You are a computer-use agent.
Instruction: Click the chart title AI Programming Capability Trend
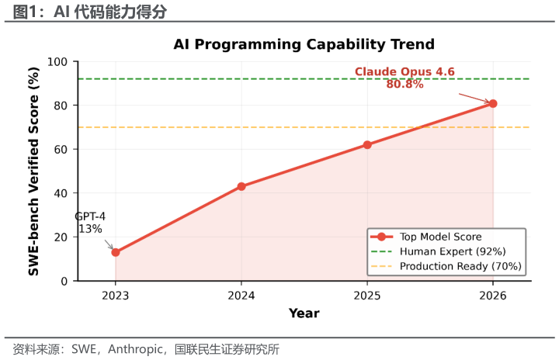[304, 44]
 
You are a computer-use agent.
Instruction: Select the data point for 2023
[116, 252]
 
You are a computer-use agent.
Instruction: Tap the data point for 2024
[241, 186]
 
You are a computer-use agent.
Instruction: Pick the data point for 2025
[367, 144]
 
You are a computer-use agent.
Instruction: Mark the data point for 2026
[493, 103]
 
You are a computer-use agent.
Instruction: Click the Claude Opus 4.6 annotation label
[404, 72]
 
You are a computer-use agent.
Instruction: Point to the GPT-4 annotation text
[90, 216]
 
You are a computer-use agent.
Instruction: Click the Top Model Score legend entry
[440, 237]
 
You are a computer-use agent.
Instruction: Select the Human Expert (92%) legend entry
[453, 251]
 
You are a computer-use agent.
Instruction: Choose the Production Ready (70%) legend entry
[460, 266]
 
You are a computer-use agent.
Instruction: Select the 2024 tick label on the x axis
[241, 295]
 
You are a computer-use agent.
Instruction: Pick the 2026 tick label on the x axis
[493, 295]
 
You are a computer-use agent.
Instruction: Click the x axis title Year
[304, 313]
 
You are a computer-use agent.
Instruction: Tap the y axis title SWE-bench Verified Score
[34, 171]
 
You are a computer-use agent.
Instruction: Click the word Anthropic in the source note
[133, 350]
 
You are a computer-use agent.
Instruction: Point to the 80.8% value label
[404, 85]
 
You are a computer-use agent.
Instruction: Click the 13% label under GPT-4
[90, 229]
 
